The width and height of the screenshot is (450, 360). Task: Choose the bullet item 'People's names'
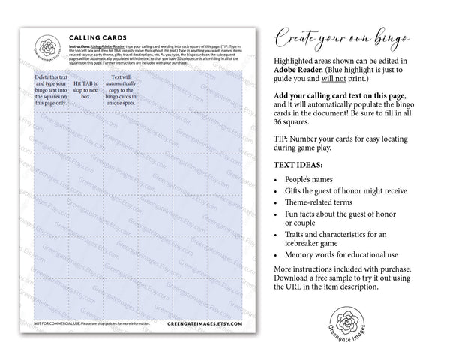[x=313, y=181]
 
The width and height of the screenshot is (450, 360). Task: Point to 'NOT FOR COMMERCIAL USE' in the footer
[x=62, y=325]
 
